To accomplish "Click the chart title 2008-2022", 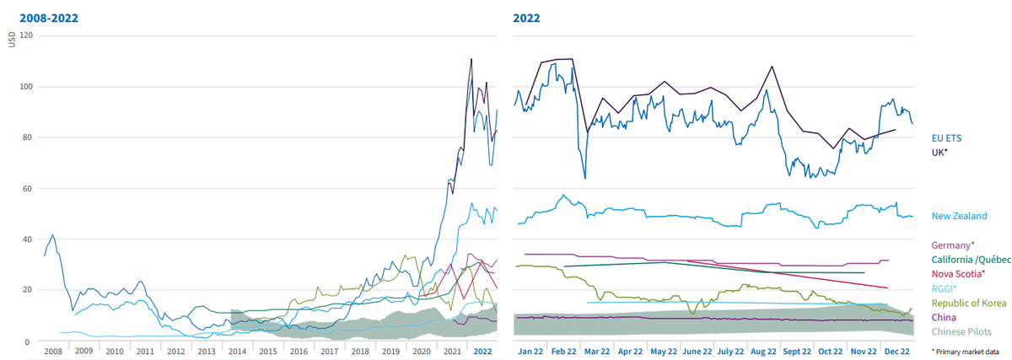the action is pyautogui.click(x=49, y=18).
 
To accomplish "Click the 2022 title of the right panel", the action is pyautogui.click(x=526, y=18).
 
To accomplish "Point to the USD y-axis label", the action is pyautogui.click(x=12, y=40).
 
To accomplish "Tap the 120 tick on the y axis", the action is pyautogui.click(x=26, y=35).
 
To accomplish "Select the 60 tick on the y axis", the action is pyautogui.click(x=28, y=188).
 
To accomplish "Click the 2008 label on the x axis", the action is pyautogui.click(x=53, y=352).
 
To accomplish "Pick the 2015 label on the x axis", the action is pyautogui.click(x=268, y=352).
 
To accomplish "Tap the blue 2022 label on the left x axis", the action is pyautogui.click(x=482, y=352).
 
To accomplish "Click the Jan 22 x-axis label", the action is pyautogui.click(x=530, y=352).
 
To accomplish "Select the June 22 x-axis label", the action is pyautogui.click(x=697, y=352).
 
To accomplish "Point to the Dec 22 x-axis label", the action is pyautogui.click(x=896, y=352).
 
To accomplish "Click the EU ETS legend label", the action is pyautogui.click(x=946, y=138).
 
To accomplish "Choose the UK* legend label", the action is pyautogui.click(x=939, y=153).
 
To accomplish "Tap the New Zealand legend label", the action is pyautogui.click(x=959, y=216).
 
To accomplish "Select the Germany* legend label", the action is pyautogui.click(x=953, y=245).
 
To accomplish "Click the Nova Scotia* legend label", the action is pyautogui.click(x=958, y=274).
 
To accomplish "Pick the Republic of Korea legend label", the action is pyautogui.click(x=969, y=303).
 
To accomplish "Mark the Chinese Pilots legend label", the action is pyautogui.click(x=961, y=331).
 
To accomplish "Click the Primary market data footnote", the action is pyautogui.click(x=965, y=352).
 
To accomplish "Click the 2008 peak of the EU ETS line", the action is pyautogui.click(x=52, y=235).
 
